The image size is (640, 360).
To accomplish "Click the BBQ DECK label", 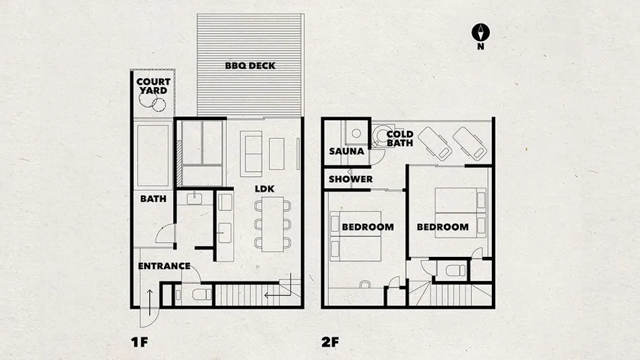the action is [250, 65].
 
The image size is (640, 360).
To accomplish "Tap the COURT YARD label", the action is [153, 86].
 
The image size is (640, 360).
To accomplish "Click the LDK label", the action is [265, 189].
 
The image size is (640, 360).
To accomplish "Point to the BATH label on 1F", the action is [153, 199].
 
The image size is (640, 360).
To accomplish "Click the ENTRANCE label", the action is [164, 266].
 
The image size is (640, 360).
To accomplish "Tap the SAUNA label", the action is [346, 151].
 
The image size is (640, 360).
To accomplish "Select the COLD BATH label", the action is [400, 138].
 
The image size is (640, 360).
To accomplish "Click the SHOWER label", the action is [350, 179].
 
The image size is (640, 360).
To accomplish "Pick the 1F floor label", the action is [139, 342].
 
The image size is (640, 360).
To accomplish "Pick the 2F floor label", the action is [330, 342].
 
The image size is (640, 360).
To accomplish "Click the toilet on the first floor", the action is [201, 295].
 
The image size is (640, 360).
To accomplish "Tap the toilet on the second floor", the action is [455, 270].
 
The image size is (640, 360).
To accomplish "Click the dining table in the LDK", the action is [273, 224].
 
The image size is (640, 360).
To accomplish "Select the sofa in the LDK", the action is [251, 154].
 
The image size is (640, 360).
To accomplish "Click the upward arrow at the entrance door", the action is [150, 303].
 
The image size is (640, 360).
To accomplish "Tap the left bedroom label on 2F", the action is [368, 227].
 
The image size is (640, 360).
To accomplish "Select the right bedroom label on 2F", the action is [443, 227].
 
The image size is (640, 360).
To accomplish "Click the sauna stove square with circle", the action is [356, 133].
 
